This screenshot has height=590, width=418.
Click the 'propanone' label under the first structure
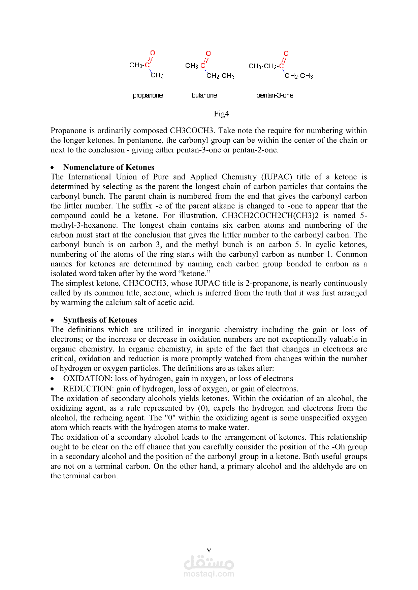point(148,95)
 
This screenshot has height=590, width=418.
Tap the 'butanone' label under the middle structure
point(204,95)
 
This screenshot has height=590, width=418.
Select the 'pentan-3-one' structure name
point(275,95)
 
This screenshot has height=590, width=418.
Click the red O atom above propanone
point(153,53)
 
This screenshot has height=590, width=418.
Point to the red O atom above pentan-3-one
point(286,53)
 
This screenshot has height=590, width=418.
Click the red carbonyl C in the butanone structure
point(203,66)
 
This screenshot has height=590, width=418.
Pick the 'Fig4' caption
point(221,114)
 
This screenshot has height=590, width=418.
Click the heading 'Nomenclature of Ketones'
point(108,167)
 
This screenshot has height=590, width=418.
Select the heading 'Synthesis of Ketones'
point(100,320)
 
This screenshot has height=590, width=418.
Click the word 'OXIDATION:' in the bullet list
point(88,378)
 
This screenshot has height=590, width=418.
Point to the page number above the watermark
point(209,550)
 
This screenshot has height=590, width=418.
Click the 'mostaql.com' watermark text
point(209,574)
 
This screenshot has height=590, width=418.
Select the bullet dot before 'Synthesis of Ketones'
point(53,320)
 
